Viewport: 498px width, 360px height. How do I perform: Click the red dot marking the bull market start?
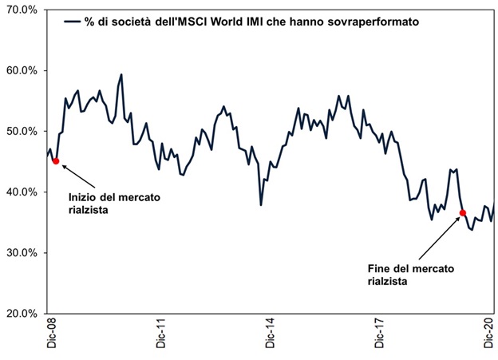click(x=55, y=161)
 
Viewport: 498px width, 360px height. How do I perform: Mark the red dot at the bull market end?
click(x=462, y=212)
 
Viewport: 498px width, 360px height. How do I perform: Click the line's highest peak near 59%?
click(x=121, y=75)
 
